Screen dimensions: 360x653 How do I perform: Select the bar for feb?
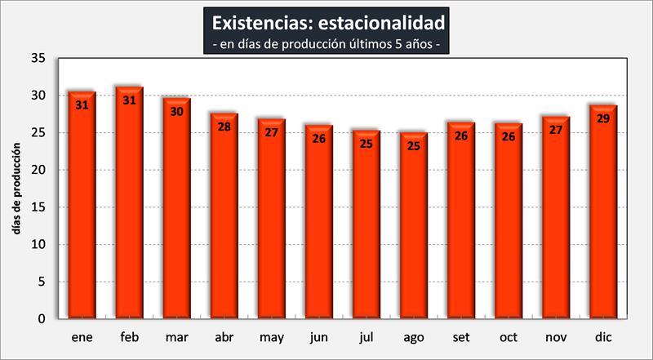(129, 204)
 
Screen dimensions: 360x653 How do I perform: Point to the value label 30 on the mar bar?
(176, 111)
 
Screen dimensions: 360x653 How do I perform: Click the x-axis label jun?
(318, 336)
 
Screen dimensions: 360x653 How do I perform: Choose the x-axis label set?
(460, 336)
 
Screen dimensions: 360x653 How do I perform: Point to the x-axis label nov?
(555, 336)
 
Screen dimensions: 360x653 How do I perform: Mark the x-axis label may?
(271, 337)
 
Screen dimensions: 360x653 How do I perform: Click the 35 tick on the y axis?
(39, 59)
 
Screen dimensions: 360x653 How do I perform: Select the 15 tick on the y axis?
(39, 207)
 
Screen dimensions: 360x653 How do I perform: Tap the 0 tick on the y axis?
(42, 319)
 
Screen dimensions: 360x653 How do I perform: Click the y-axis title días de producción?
(16, 189)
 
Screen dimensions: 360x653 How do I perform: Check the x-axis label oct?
(508, 336)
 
